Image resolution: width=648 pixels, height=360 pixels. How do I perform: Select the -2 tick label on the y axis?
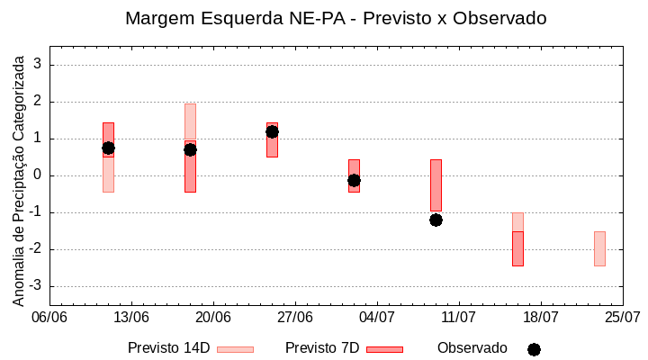tap(37, 249)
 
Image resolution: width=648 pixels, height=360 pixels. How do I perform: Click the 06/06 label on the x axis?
tap(49, 317)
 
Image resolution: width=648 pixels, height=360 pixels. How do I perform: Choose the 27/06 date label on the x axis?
tap(295, 317)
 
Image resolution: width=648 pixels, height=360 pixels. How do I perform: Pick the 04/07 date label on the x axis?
tap(377, 317)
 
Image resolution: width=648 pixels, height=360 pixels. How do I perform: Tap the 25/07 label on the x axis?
tap(622, 317)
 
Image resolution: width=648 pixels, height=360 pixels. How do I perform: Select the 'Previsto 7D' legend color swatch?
tap(384, 349)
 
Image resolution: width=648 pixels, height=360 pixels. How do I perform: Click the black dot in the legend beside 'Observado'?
tap(534, 349)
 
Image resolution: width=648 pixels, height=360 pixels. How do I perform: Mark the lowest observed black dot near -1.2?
tap(436, 220)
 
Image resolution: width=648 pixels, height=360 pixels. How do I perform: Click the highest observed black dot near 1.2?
tap(272, 131)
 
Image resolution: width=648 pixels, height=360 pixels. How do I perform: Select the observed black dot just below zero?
tap(354, 180)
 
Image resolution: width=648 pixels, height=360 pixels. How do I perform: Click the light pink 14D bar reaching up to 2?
tap(190, 121)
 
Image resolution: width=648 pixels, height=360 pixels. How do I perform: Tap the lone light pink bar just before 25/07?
tap(599, 248)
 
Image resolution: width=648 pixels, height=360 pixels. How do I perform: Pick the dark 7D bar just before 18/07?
tap(517, 248)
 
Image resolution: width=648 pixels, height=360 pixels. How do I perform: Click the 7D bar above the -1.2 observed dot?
tap(436, 184)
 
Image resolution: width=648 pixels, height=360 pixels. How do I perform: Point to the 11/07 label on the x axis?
tap(459, 317)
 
